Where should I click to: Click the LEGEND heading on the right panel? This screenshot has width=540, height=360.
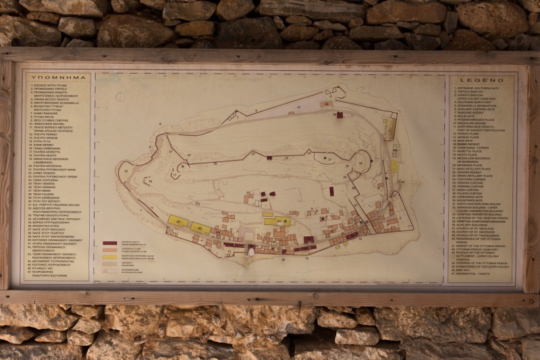(x=483, y=80)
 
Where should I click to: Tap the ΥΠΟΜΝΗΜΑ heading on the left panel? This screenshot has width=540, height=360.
(x=57, y=78)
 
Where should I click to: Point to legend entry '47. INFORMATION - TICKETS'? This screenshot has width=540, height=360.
(x=477, y=274)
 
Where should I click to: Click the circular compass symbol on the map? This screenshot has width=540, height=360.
(x=120, y=96)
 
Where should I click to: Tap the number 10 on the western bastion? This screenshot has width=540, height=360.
(x=126, y=171)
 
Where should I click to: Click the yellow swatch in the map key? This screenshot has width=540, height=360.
(x=109, y=257)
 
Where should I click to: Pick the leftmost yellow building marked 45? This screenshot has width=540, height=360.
(x=178, y=222)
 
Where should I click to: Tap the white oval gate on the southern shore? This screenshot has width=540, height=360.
(x=251, y=251)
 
